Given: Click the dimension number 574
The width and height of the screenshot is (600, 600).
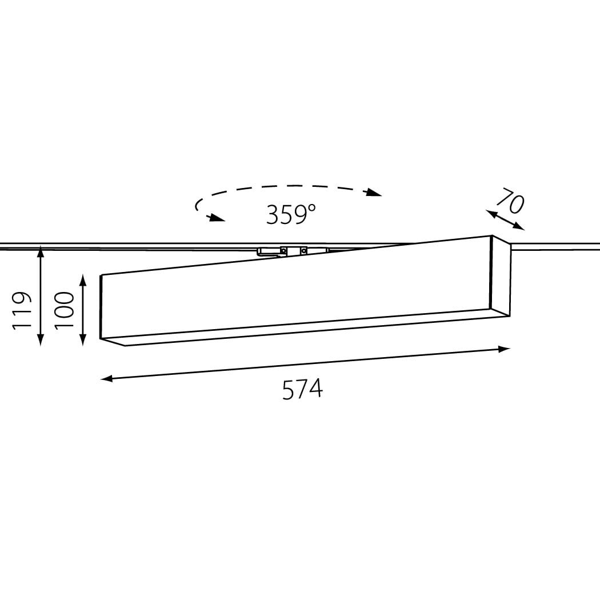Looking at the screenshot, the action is coord(302,389).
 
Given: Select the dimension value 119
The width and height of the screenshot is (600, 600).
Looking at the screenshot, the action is coord(22,310).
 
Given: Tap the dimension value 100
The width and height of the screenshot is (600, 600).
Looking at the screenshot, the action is coord(64,310).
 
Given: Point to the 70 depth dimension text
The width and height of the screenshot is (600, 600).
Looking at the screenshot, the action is coord(510,200).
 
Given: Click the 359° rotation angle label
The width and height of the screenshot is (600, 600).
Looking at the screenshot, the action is coord(291,214).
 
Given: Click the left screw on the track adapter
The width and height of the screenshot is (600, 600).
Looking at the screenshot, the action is coord(283,250).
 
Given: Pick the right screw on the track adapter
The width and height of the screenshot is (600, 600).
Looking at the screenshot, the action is coord(303,251).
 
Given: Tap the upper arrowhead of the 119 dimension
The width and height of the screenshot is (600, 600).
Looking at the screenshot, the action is coord(41,253).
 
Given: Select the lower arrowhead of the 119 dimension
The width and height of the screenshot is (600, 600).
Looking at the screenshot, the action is coord(41,340).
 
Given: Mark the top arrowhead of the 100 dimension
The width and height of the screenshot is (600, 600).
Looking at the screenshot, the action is coord(83,280).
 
